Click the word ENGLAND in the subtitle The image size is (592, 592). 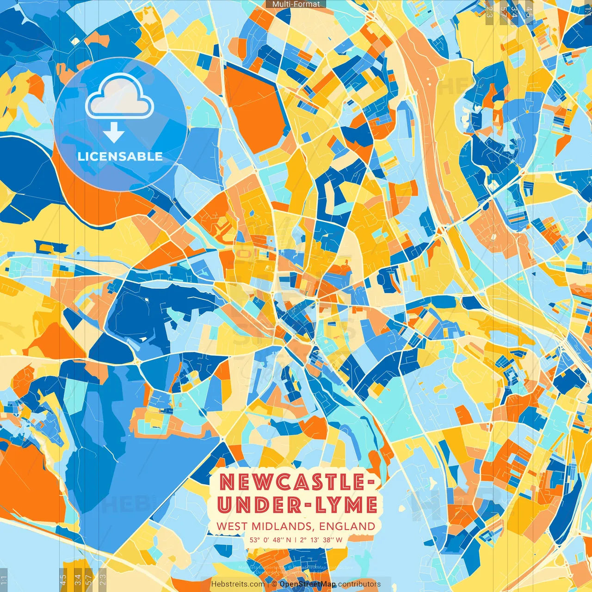[x=347, y=526]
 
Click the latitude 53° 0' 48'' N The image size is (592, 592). [x=271, y=540]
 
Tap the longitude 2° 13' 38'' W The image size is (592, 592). [x=321, y=540]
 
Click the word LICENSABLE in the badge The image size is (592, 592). [x=120, y=156]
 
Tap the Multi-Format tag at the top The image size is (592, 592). [x=296, y=4]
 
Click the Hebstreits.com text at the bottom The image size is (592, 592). [x=238, y=584]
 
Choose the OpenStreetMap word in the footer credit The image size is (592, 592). [x=308, y=584]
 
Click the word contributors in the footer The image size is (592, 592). [x=359, y=584]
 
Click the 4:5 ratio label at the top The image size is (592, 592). [x=529, y=12]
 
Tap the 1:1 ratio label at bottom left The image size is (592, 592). [x=4, y=580]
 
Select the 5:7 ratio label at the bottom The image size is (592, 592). [x=89, y=580]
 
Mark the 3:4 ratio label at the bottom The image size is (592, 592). [x=78, y=580]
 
